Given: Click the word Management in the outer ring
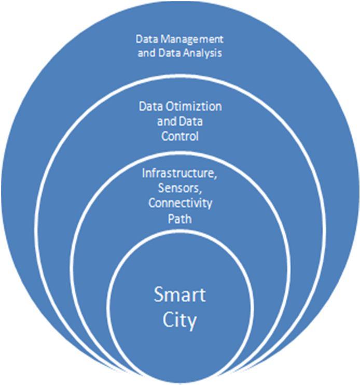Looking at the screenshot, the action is point(191,39).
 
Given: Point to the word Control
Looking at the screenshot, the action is point(180,136).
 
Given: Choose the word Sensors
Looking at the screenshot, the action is point(179,188).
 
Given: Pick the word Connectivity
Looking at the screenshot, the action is point(180,203).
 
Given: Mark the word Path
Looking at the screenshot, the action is point(179,218).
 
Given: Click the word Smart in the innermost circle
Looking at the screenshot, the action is point(180,295).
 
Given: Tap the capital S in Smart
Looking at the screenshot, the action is point(159,295).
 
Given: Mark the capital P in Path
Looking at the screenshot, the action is point(171,218).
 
